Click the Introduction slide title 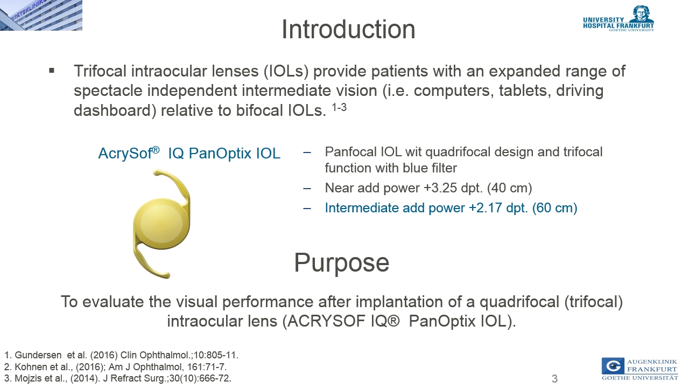coord(348,29)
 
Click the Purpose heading coord(342,262)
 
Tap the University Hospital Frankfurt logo coord(618,18)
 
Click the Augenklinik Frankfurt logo coord(640,369)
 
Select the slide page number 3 coord(554,379)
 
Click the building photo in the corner coord(41,15)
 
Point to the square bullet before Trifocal coord(52,71)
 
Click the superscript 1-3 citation coord(339,107)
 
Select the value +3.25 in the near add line coord(441,188)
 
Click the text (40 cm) coord(510,188)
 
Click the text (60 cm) coord(554,208)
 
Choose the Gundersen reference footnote coord(122,355)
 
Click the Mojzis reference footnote coord(118,378)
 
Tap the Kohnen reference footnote coord(115,367)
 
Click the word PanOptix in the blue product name coord(220,154)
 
